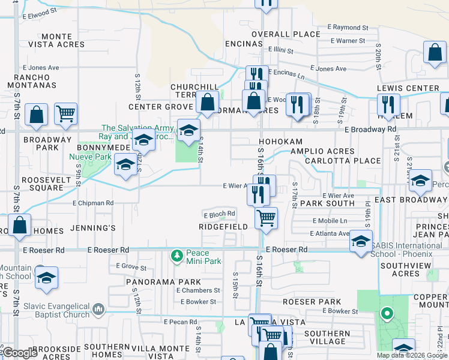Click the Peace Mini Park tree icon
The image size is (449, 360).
coord(177,257)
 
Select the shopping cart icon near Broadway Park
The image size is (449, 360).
coord(65,113)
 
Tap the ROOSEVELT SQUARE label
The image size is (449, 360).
coord(42,184)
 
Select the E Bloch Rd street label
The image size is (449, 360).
coord(219,214)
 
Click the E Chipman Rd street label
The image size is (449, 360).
coord(93,203)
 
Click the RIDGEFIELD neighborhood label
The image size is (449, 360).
coord(223,227)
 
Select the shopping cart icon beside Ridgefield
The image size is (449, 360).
coord(266,218)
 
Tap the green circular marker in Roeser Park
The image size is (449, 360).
coord(387,313)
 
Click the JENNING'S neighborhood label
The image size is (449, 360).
coord(92,228)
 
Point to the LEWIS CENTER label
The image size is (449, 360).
coord(408,88)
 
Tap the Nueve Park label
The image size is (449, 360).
coord(91,157)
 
